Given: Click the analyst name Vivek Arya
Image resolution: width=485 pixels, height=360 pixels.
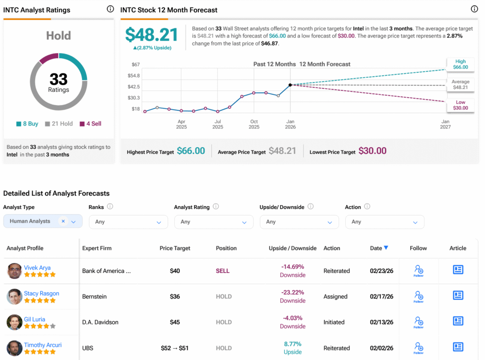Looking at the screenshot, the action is coord(37,268).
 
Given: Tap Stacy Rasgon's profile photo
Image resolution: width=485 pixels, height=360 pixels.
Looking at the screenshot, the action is coord(14,297).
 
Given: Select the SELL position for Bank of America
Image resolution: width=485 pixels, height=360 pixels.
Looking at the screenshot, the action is coord(223,271).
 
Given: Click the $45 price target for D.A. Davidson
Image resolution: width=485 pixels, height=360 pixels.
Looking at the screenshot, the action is coord(175,322).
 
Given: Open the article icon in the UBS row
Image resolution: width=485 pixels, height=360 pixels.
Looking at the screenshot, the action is coord(458,347).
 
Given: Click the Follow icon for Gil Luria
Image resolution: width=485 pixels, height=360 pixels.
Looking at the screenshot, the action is coord(419,322).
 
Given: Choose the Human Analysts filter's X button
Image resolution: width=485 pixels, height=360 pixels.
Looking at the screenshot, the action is coord(63,221).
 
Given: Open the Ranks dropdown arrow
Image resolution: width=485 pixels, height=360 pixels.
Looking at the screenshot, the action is coord(159,222).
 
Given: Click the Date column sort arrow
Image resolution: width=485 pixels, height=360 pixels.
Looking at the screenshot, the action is coord(386,248).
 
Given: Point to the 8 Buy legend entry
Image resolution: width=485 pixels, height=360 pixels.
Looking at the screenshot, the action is coord(27,124).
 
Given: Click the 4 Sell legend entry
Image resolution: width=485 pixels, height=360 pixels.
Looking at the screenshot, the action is coord(90,124).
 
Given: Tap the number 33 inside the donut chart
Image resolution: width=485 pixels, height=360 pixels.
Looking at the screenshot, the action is coord(58,79).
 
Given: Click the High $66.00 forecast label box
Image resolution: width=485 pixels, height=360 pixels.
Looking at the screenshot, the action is coord(460,64).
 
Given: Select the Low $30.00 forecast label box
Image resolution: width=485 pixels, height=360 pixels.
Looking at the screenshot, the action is coord(460,105).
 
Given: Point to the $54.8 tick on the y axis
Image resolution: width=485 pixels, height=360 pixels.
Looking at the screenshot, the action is coord(134,75).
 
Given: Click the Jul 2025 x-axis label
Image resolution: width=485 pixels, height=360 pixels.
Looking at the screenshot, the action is coord(218,124).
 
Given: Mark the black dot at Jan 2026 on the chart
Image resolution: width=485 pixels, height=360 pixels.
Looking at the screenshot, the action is coord(290,85).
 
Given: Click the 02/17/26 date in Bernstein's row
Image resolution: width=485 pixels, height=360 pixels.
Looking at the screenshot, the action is coord(382,297).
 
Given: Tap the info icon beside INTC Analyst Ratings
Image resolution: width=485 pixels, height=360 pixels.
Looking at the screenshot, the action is coord(110,9).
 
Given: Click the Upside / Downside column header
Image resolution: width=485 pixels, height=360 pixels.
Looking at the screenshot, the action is coord(293,248).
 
